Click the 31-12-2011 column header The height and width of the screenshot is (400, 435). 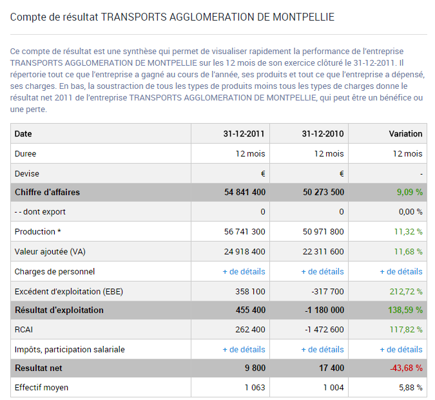point(244,134)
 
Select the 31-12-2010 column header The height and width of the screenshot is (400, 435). point(322,134)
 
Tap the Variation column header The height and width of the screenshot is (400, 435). point(405,134)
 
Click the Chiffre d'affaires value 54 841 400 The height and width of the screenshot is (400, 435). point(244,193)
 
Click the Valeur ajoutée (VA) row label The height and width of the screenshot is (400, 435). point(50,252)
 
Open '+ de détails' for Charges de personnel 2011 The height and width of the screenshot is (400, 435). point(244,272)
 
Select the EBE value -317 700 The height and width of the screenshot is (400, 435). point(327,291)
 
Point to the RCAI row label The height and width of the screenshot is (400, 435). point(24,330)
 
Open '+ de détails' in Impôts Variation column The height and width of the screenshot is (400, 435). point(401,350)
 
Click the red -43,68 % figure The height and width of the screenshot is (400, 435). point(405,369)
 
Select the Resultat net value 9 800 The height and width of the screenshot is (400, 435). point(256,369)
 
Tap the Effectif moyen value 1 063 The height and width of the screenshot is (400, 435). point(255,388)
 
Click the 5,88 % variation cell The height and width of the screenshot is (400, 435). point(409,388)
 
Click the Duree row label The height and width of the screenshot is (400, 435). point(25,154)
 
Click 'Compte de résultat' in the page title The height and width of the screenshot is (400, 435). point(54,17)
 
